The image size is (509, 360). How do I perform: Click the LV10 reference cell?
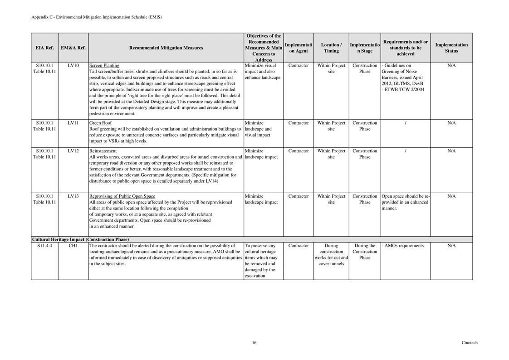tap(73, 66)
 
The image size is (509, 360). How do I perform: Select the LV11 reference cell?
tap(73, 123)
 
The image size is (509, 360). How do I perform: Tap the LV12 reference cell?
tap(73, 151)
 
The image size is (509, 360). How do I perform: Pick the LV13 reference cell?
tap(73, 196)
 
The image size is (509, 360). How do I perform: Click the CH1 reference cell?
tap(73, 246)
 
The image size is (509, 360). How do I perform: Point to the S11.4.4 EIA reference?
tap(44, 246)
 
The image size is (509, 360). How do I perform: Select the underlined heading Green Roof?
tap(100, 123)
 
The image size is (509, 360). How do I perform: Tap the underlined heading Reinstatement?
tap(103, 151)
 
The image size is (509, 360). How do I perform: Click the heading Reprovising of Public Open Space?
tap(122, 196)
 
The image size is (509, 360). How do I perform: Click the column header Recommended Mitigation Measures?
tap(166, 48)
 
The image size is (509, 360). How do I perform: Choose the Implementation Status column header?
tap(451, 48)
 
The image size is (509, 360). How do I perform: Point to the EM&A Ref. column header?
tap(73, 48)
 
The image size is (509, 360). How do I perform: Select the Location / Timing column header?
tap(331, 48)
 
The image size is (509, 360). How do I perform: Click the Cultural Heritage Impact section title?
tap(80, 239)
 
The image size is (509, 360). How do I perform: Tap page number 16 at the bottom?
tap(254, 343)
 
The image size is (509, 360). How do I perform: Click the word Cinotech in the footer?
tap(470, 343)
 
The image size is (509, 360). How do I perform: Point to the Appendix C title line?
tap(97, 17)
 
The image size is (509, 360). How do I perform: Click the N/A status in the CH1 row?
tap(451, 246)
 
